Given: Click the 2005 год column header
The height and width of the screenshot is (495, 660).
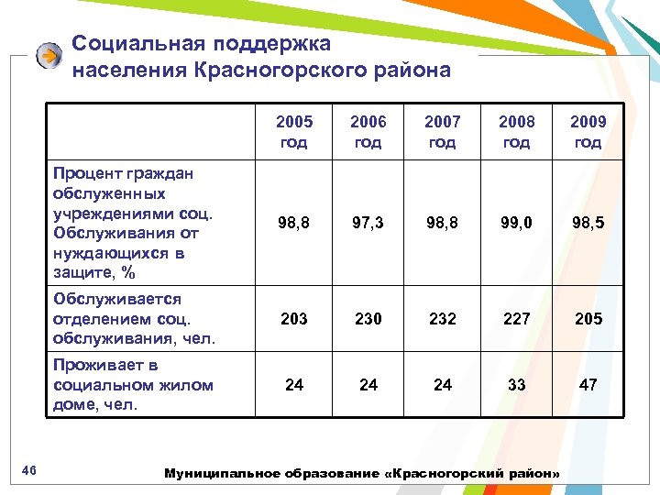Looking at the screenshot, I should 294,131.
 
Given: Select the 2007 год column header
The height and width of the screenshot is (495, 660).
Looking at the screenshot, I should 442,131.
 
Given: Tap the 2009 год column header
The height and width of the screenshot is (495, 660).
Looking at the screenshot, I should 588,131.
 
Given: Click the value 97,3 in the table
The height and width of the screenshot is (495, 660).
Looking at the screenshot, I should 368,224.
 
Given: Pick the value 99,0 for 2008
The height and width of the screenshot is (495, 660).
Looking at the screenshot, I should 516,224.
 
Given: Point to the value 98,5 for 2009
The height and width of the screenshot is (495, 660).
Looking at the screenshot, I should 588,224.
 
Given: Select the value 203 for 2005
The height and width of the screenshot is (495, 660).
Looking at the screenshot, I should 294,319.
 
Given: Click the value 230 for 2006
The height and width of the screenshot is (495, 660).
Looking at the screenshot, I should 368,319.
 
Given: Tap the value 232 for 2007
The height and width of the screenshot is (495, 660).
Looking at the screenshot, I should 442,319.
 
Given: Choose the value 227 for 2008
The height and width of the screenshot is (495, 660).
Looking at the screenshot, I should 516,319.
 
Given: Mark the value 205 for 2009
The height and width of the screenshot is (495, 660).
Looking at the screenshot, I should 588,319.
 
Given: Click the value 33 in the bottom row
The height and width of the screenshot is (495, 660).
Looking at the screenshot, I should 516,385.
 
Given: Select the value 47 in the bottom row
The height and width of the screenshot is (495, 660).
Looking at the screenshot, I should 588,385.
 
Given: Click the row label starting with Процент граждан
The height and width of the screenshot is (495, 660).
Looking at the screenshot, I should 133,223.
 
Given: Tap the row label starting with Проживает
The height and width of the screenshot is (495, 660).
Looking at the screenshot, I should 133,385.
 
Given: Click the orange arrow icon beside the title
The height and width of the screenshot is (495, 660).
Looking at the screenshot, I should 49,56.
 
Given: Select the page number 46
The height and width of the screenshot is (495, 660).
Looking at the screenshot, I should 28,471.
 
